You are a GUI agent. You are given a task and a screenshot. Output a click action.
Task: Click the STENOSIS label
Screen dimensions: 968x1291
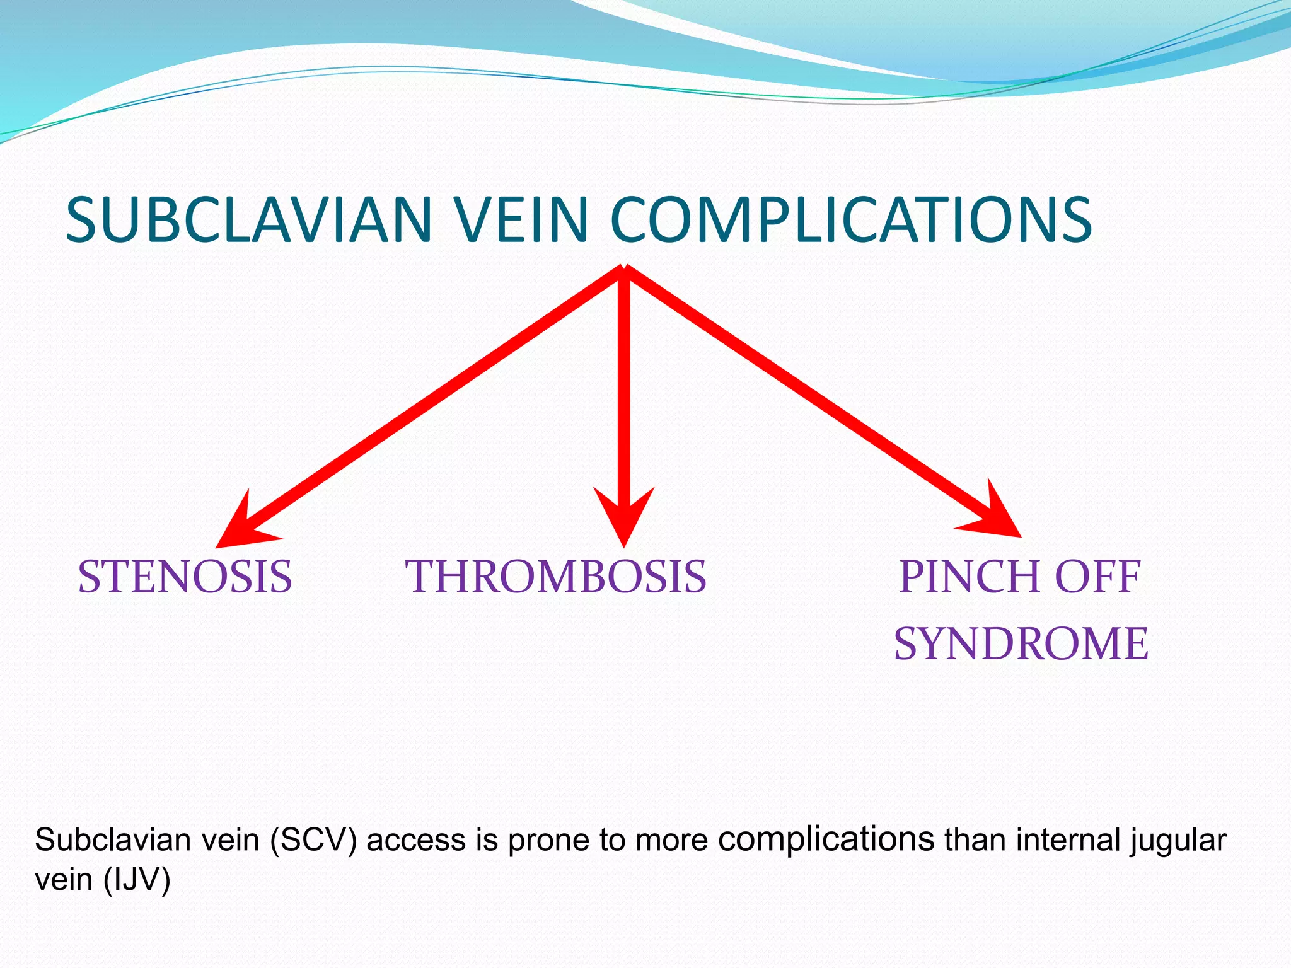coord(185,577)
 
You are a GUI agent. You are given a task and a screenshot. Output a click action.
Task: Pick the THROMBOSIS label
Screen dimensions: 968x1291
coord(555,577)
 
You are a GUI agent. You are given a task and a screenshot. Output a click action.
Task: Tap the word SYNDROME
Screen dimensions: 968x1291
coord(1021,643)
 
